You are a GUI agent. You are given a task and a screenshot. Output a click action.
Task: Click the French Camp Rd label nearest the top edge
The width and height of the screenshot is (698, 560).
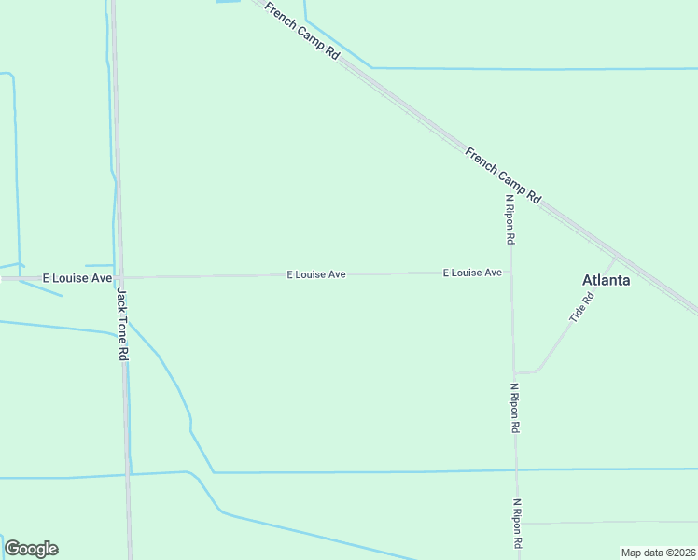(301, 32)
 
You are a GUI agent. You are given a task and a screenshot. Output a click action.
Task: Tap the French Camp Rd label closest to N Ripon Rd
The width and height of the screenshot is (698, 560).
(503, 175)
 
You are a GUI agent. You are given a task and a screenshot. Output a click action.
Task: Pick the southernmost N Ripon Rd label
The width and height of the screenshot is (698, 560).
(517, 524)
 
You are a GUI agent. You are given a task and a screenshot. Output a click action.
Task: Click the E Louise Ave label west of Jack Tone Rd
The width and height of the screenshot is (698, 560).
(77, 278)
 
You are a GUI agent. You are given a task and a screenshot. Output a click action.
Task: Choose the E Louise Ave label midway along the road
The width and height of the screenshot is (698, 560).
(316, 274)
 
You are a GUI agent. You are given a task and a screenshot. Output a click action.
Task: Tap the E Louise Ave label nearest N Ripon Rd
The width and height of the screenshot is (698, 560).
(472, 273)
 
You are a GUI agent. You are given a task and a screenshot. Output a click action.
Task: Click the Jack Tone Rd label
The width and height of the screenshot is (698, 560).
(122, 325)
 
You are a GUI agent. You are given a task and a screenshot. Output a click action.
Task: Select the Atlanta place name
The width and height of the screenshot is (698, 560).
(606, 280)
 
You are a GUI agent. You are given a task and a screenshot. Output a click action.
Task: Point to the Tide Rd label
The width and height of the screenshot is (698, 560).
(581, 309)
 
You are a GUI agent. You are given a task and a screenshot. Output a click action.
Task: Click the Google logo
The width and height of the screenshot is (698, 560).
(31, 549)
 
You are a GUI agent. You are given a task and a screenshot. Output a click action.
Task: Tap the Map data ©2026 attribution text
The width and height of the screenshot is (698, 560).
(658, 553)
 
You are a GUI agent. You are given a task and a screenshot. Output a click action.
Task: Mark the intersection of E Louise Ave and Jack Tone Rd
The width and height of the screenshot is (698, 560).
(119, 277)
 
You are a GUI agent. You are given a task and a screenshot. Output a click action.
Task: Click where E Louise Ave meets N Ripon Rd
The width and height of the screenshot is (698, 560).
(510, 273)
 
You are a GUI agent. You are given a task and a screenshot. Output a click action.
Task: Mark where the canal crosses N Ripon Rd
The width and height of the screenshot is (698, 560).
(515, 469)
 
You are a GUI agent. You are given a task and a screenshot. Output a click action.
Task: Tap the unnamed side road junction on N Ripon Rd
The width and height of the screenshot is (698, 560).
(517, 524)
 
